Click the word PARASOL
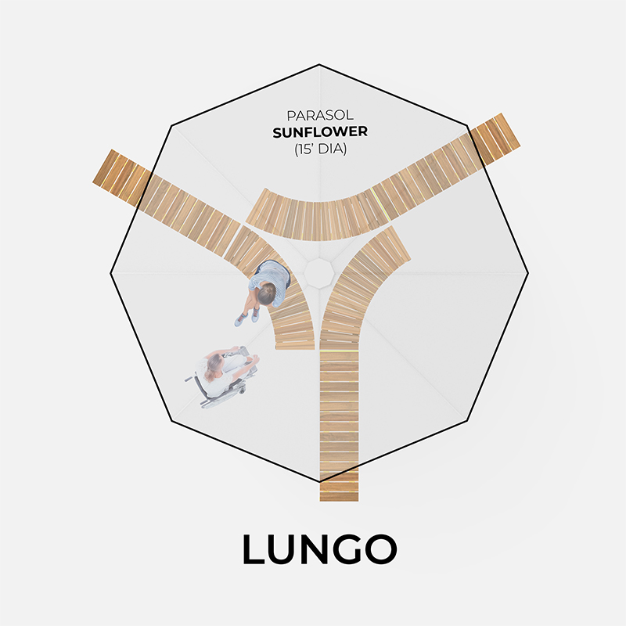pyautogui.click(x=320, y=115)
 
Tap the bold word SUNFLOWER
pyautogui.click(x=320, y=132)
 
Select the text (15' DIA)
pyautogui.click(x=320, y=149)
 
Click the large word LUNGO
pyautogui.click(x=319, y=549)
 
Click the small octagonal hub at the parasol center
pyautogui.click(x=319, y=273)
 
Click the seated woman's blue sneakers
pyautogui.click(x=246, y=318)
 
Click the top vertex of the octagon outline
pyautogui.click(x=319, y=64)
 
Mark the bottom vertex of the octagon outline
pyautogui.click(x=319, y=482)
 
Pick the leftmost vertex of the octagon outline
pyautogui.click(x=110, y=273)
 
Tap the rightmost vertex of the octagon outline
pyautogui.click(x=528, y=273)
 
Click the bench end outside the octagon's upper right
pyautogui.click(x=495, y=139)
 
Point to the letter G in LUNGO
pyautogui.click(x=348, y=549)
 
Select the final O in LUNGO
pyautogui.click(x=381, y=549)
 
